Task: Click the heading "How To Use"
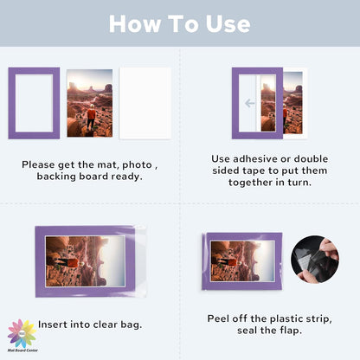point(180,23)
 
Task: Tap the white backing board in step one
point(145,102)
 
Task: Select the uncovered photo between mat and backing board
point(89,102)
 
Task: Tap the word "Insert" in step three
point(55,325)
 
